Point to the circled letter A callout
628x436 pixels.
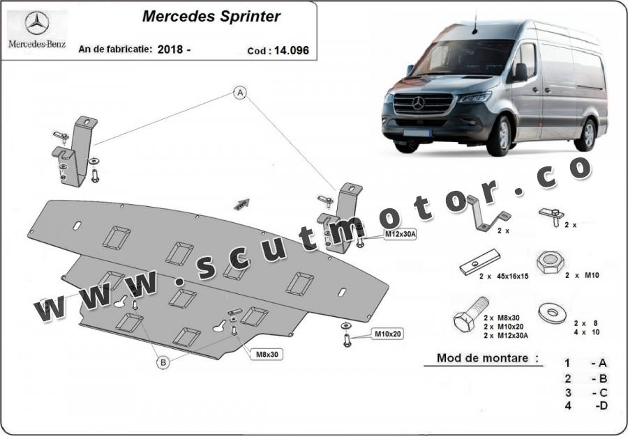click(240, 93)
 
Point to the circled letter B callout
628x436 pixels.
click(163, 361)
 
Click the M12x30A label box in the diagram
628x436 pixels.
click(401, 235)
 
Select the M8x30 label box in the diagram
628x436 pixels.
click(267, 355)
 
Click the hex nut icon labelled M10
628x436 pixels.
click(547, 262)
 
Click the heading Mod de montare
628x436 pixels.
click(488, 359)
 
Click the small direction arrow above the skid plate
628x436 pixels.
click(241, 203)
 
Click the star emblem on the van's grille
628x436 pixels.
click(418, 104)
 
